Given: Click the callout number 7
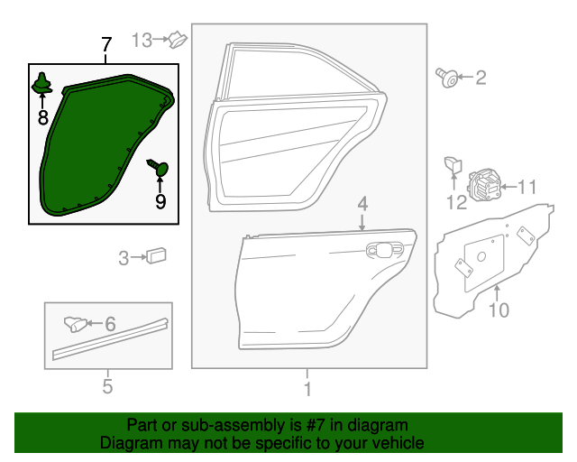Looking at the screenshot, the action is pos(106,45).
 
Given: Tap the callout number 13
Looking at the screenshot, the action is pos(142,40).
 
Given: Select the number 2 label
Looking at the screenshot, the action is pos(481,78).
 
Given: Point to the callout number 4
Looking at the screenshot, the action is pos(362,204).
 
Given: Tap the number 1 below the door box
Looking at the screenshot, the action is pos(307,389).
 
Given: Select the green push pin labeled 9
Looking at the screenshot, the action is pos(159,167).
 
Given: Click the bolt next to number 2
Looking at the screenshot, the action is pos(447,78).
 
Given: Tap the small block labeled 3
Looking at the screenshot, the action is pos(156,255).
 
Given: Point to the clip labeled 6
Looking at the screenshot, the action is pos(76,324).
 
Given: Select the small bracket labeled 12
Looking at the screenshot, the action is pos(453,165).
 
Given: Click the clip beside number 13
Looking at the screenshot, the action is pos(179,40).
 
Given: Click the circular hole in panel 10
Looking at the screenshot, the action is pos(481,256).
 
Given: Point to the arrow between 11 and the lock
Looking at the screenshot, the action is pos(508,187).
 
